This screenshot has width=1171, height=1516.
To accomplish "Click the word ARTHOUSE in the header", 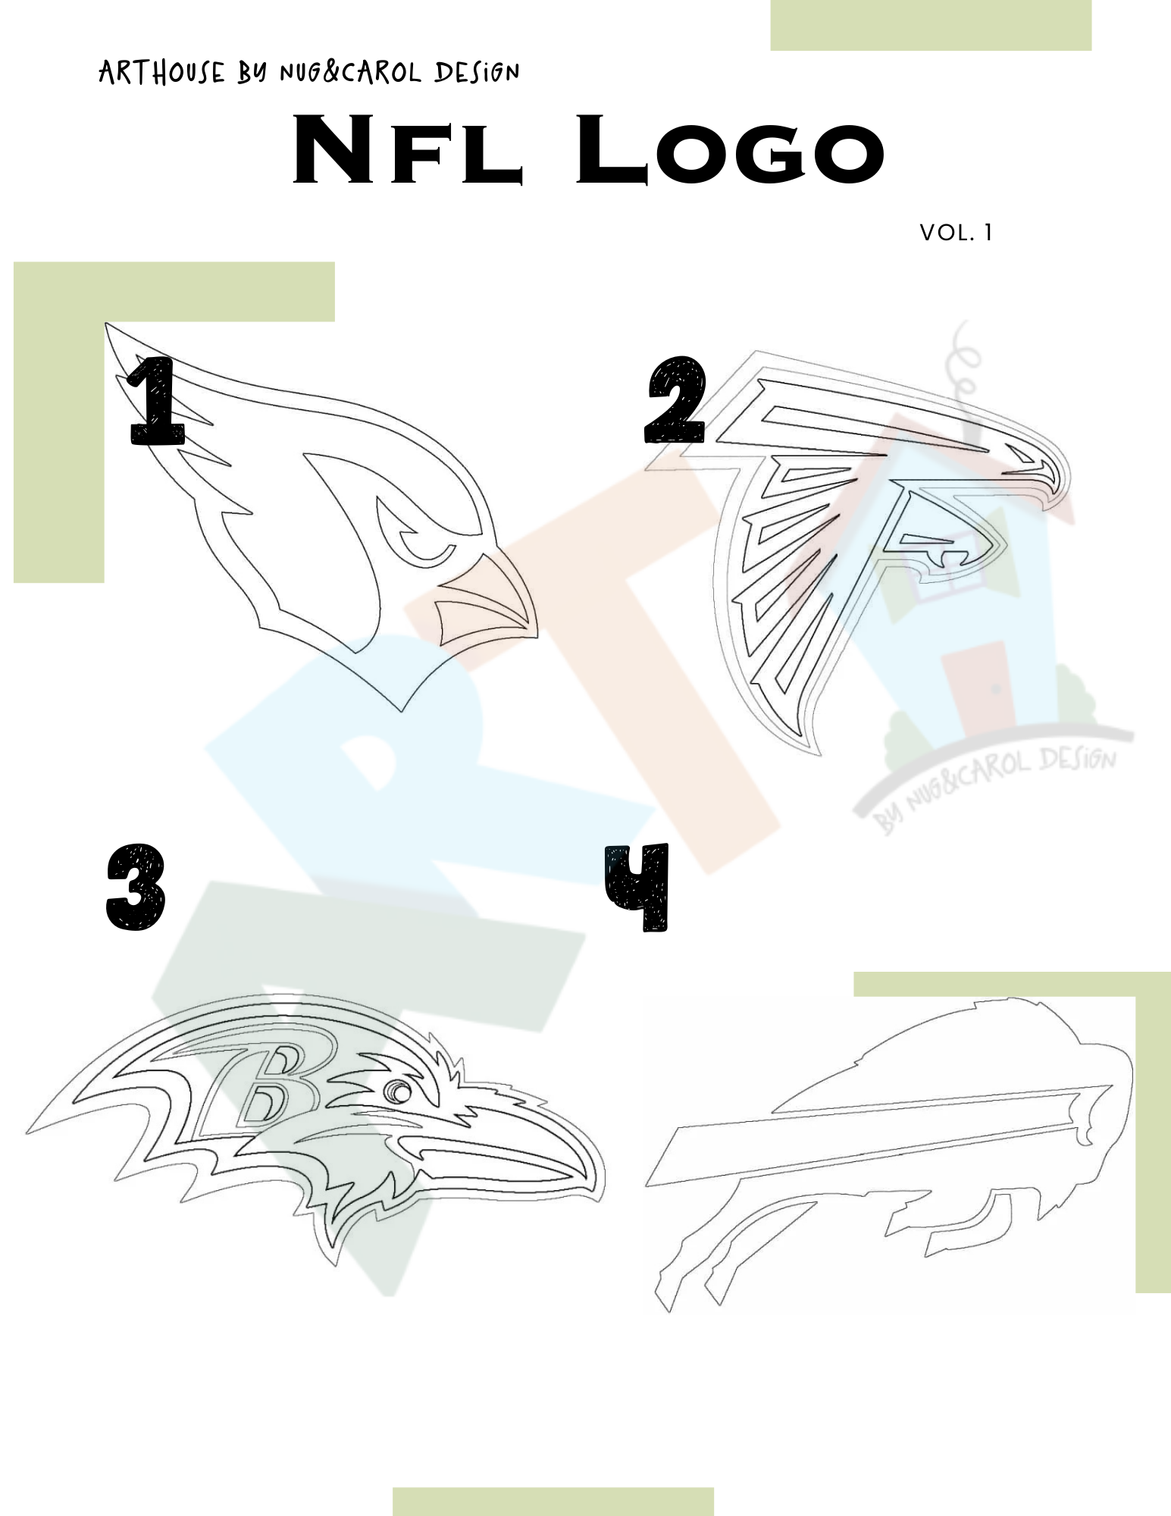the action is tap(162, 72).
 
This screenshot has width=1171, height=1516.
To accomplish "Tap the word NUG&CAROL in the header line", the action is tap(350, 72).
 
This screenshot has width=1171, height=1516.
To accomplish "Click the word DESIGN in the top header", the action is tap(477, 72).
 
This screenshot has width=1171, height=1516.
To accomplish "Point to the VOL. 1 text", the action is tap(956, 233).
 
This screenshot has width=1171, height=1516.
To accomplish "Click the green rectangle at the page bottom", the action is tap(553, 1502).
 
